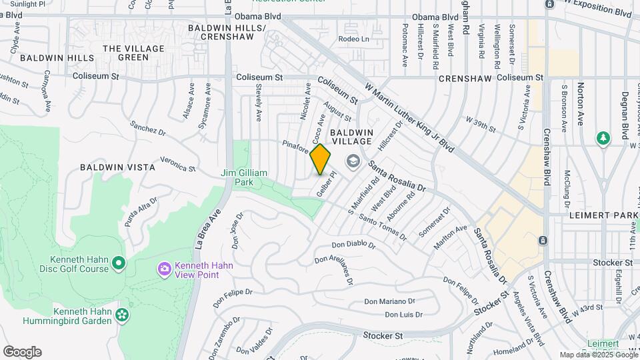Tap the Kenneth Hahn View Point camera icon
tap(164, 269)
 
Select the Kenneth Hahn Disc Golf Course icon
tap(119, 264)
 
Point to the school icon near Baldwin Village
tap(352, 161)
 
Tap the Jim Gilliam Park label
tap(244, 177)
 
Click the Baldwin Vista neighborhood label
tap(117, 167)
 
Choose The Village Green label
tap(133, 53)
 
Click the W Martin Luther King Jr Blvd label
tap(409, 117)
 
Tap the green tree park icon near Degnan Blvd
tap(603, 138)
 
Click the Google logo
tap(22, 352)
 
